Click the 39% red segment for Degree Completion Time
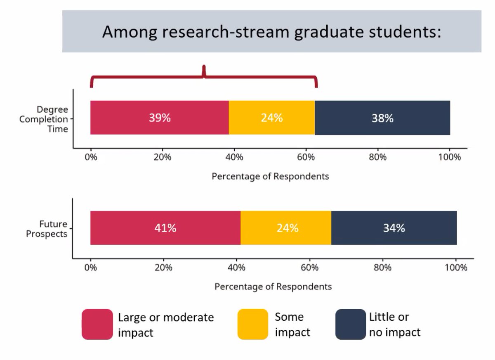click(160, 118)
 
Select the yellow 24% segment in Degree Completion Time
click(272, 118)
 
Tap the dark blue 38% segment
click(382, 118)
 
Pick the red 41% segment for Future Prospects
click(165, 228)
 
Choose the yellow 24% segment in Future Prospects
click(286, 228)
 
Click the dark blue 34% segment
click(394, 228)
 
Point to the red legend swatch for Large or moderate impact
click(97, 324)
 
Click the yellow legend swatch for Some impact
click(253, 324)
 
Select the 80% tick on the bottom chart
click(382, 268)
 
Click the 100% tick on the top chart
click(449, 157)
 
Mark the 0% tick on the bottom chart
click(90, 268)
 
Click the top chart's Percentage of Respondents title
click(270, 176)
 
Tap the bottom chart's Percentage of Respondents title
click(273, 287)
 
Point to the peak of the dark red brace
click(203, 67)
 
